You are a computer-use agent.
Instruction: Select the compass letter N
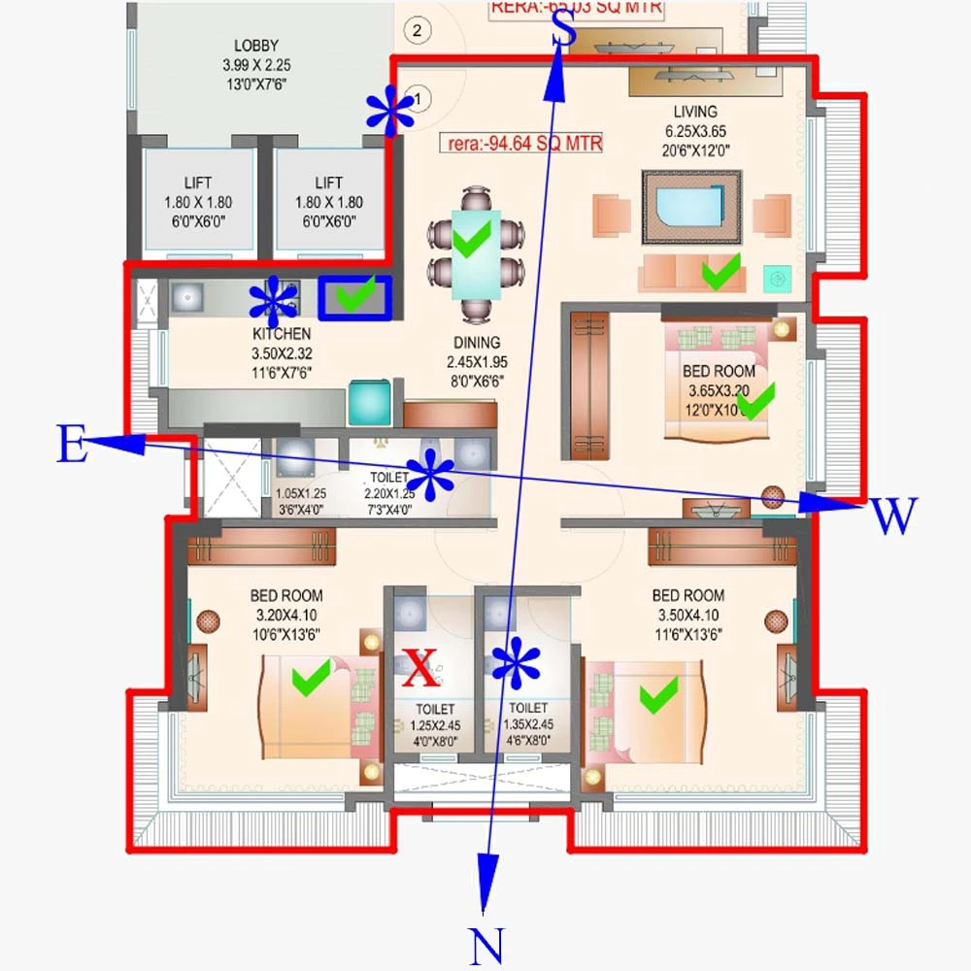(x=488, y=945)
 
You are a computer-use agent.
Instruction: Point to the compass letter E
(x=71, y=446)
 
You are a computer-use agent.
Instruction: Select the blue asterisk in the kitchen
(x=273, y=302)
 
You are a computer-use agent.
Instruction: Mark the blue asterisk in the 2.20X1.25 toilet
(x=430, y=476)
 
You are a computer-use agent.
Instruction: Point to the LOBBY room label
(x=256, y=46)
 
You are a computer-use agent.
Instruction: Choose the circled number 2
(x=417, y=30)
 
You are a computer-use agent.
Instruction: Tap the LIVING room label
(x=694, y=112)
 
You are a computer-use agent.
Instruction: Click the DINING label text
(x=476, y=343)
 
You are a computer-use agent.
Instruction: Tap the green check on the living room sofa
(x=720, y=273)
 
